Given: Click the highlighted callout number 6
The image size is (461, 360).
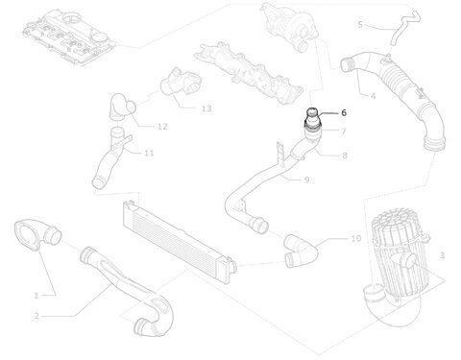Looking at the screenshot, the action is click(344, 112).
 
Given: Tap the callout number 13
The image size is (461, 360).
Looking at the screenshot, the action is click(206, 108).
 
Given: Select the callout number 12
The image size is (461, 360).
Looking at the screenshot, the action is click(162, 127).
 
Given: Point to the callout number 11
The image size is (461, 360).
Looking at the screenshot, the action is click(149, 154).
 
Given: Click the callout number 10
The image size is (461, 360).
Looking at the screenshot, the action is click(356, 238).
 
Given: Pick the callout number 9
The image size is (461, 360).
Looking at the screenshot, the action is click(306, 180).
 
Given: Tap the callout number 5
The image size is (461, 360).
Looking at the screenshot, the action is click(360, 25).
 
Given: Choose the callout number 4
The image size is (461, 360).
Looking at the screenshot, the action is click(373, 96).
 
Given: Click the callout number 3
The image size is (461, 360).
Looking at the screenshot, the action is click(442, 255).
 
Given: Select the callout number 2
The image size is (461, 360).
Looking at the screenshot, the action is click(36, 316).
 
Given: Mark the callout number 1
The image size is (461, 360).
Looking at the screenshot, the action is click(36, 296).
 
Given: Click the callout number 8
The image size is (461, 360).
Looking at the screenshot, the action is click(345, 156).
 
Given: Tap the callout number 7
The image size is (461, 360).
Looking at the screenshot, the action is click(344, 132).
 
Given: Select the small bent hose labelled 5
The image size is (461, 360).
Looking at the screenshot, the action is click(404, 26).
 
